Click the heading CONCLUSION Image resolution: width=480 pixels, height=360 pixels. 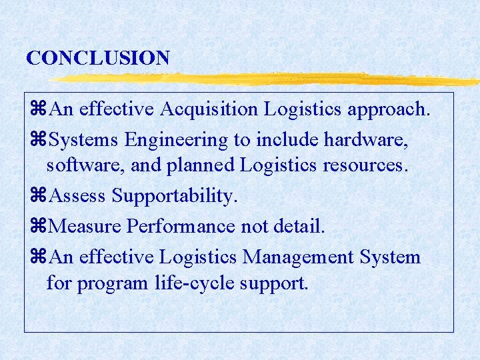coord(98,58)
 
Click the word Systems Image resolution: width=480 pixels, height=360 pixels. coord(84,140)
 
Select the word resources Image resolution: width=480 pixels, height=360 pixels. coord(363,165)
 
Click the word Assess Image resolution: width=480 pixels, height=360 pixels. coord(78,196)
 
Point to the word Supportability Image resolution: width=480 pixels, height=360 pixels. coord(174,196)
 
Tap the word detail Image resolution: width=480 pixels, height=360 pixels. coord(299,227)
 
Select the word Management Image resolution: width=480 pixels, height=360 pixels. coord(299,257)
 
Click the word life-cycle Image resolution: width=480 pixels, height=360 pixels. coord(195,283)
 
